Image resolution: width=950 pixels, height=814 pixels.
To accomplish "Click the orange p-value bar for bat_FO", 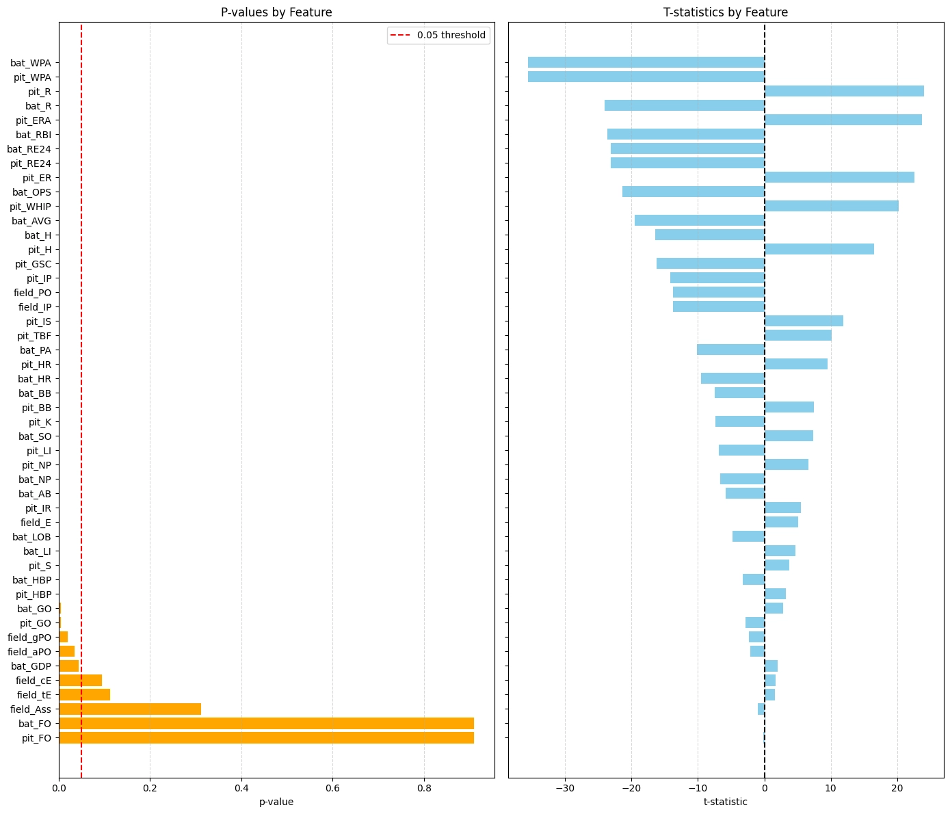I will [x=266, y=723].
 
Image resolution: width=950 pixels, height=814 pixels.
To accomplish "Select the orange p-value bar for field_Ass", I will [x=130, y=709].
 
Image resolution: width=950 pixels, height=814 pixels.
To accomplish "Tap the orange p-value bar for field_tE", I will [x=84, y=694].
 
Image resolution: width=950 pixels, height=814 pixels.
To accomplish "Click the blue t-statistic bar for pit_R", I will [x=844, y=91].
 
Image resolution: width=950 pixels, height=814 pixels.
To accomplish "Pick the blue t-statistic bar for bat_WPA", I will [x=646, y=62].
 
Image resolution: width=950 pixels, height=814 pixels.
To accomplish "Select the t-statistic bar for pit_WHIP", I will [x=831, y=206].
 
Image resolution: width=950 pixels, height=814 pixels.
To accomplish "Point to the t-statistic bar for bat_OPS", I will [x=693, y=192].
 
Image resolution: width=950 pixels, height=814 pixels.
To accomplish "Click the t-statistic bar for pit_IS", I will [x=804, y=321].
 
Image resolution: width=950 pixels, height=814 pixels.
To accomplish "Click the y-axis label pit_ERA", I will [x=33, y=120].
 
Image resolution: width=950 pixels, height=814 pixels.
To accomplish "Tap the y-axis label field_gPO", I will [x=29, y=638].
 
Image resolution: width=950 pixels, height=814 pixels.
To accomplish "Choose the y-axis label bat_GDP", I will [x=31, y=666].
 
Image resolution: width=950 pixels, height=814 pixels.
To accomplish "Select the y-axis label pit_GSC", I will [x=33, y=264].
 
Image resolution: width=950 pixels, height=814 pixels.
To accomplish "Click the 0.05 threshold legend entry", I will [x=438, y=35].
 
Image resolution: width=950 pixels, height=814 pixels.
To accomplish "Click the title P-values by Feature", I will [x=276, y=12].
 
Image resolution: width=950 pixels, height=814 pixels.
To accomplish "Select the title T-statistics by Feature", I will [x=725, y=12].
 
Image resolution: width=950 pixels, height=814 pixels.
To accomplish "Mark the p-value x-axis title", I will [x=276, y=802].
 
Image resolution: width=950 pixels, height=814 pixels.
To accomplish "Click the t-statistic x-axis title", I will [x=725, y=802].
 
